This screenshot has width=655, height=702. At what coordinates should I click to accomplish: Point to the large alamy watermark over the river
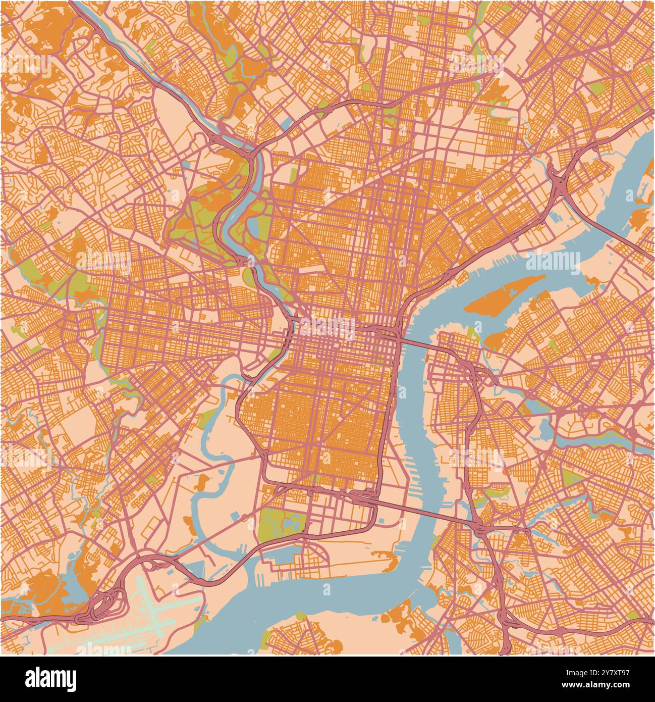point(553,261)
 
